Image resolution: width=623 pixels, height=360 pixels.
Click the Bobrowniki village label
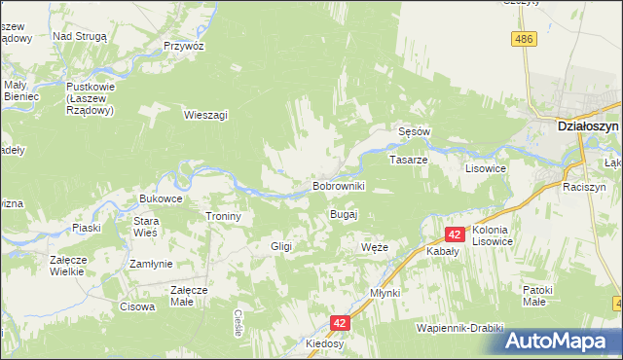(x=338, y=185)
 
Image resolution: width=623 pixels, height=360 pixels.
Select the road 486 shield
(x=525, y=38)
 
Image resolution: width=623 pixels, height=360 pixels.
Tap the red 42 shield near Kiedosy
(x=339, y=322)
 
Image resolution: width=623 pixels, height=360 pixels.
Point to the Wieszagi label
(x=205, y=115)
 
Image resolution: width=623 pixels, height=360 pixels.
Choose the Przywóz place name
(x=183, y=46)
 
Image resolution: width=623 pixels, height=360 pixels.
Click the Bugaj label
(x=345, y=213)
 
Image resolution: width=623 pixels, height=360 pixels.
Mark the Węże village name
(x=374, y=247)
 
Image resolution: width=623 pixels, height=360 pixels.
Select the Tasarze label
(x=409, y=159)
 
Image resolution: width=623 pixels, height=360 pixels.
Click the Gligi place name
(x=281, y=246)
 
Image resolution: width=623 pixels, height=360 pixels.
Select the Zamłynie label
(x=151, y=264)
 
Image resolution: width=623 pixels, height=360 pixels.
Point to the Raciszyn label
(x=584, y=186)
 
